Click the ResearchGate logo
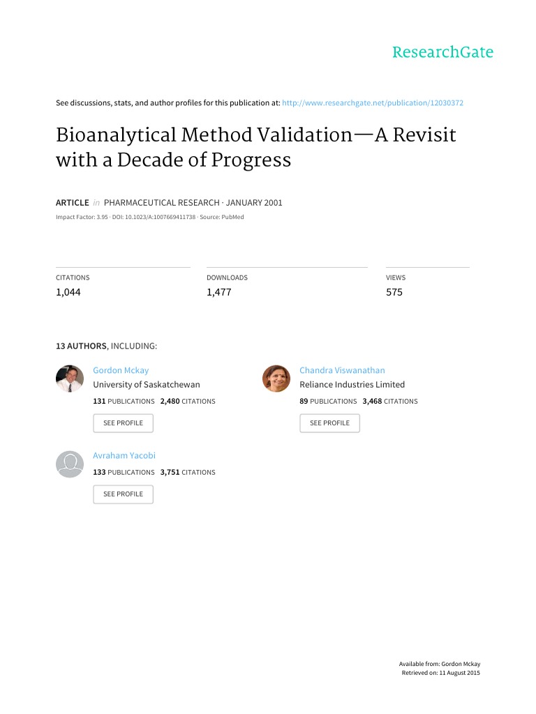442,52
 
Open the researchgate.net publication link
373,103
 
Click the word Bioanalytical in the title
116,135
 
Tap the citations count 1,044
68,292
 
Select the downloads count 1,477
218,292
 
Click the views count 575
394,292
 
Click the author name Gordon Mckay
121,370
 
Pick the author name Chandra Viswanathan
342,370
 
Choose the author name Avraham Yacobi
124,455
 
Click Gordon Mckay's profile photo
70,379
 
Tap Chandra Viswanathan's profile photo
276,379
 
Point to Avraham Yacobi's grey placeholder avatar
70,464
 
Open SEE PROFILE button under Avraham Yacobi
123,494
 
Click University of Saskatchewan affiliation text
147,384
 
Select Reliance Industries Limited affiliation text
352,384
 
